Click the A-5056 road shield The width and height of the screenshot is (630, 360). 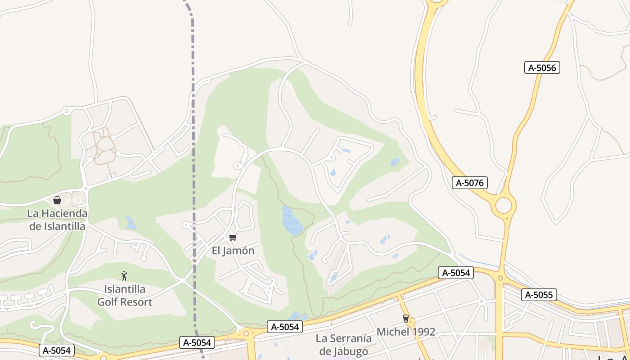point(542,68)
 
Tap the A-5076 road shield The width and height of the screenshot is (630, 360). point(469,183)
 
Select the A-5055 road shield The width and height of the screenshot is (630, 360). point(539,295)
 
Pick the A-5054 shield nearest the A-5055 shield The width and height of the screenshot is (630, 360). point(456,273)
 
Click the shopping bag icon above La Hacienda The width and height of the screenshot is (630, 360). point(57,200)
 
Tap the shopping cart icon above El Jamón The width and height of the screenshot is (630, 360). point(233,237)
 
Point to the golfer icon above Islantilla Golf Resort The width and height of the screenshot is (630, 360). point(124,276)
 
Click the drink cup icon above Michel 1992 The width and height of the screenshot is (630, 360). point(406,319)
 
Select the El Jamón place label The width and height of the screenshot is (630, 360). point(233,251)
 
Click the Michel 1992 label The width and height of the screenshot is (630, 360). point(406,332)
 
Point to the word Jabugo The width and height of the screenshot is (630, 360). point(347,351)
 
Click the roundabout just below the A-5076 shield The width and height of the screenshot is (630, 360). point(504,206)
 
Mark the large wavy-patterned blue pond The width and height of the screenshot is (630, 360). point(292,220)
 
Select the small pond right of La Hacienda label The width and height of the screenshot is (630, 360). point(130,223)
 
